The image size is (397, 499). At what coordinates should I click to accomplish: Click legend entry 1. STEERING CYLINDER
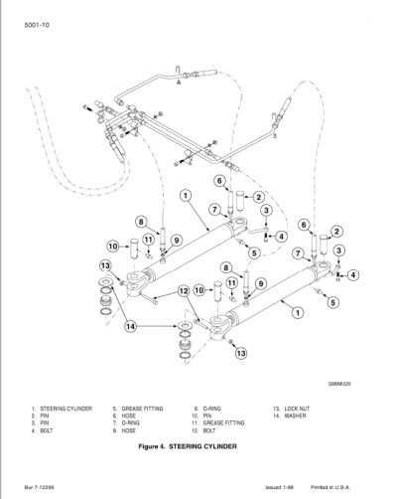(62, 409)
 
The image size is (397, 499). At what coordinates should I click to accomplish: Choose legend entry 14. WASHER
(289, 416)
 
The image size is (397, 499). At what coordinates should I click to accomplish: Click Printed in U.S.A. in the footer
(345, 487)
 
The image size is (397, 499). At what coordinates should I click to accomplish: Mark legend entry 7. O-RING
(128, 423)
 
